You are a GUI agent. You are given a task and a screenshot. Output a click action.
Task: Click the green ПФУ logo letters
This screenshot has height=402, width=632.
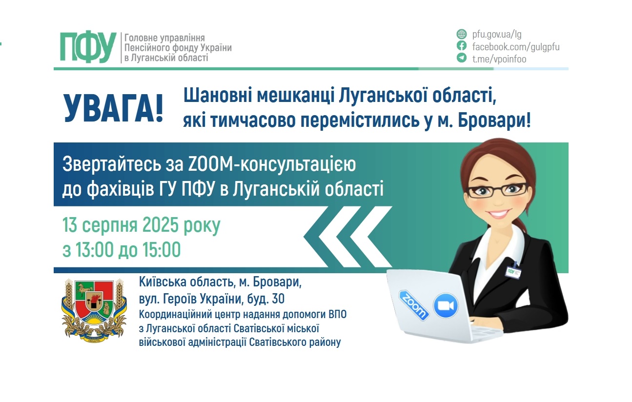[88, 47]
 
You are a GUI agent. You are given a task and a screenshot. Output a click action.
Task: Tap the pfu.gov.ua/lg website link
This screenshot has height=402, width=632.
[497, 34]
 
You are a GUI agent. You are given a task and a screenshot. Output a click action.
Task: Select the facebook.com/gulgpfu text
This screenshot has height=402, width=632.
[516, 47]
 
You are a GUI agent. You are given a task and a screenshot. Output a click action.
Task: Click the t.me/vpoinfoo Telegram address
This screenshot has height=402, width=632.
[499, 59]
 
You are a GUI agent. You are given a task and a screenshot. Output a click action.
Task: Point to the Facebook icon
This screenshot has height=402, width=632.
[461, 46]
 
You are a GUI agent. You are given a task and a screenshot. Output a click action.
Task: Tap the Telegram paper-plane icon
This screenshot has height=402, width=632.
[461, 59]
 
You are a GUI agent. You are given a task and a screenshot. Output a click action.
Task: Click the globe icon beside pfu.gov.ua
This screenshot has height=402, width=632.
[461, 34]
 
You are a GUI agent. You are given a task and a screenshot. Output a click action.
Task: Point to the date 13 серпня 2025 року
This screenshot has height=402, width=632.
[141, 226]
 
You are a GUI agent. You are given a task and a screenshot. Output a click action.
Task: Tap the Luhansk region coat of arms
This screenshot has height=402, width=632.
[94, 309]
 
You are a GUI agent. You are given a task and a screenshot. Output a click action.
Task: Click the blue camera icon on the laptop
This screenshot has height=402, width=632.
[446, 306]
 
